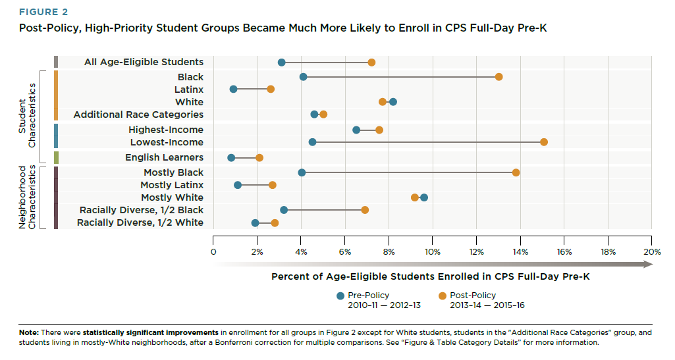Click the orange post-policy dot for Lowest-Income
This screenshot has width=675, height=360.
[x=543, y=142]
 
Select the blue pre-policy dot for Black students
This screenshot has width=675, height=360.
[x=303, y=77]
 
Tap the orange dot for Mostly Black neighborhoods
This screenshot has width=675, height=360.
[x=516, y=172]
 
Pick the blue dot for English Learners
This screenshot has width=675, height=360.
[x=231, y=158]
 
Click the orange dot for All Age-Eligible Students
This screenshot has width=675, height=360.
[x=371, y=63]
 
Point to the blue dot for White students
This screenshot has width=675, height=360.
[x=393, y=102]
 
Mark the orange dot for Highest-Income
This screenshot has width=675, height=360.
[x=379, y=130]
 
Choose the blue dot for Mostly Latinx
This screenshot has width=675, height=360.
[x=238, y=186]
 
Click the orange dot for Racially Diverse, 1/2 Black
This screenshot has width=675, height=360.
[x=365, y=210]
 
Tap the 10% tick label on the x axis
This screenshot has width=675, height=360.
[x=432, y=252]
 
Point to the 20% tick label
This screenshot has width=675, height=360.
[x=651, y=252]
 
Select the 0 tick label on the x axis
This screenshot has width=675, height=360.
[x=213, y=252]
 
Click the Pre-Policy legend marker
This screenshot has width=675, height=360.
[x=340, y=296]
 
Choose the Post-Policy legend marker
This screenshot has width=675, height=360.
[x=442, y=296]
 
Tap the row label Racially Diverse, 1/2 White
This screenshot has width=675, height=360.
[x=140, y=223]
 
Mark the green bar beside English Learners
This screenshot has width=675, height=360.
[x=56, y=158]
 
